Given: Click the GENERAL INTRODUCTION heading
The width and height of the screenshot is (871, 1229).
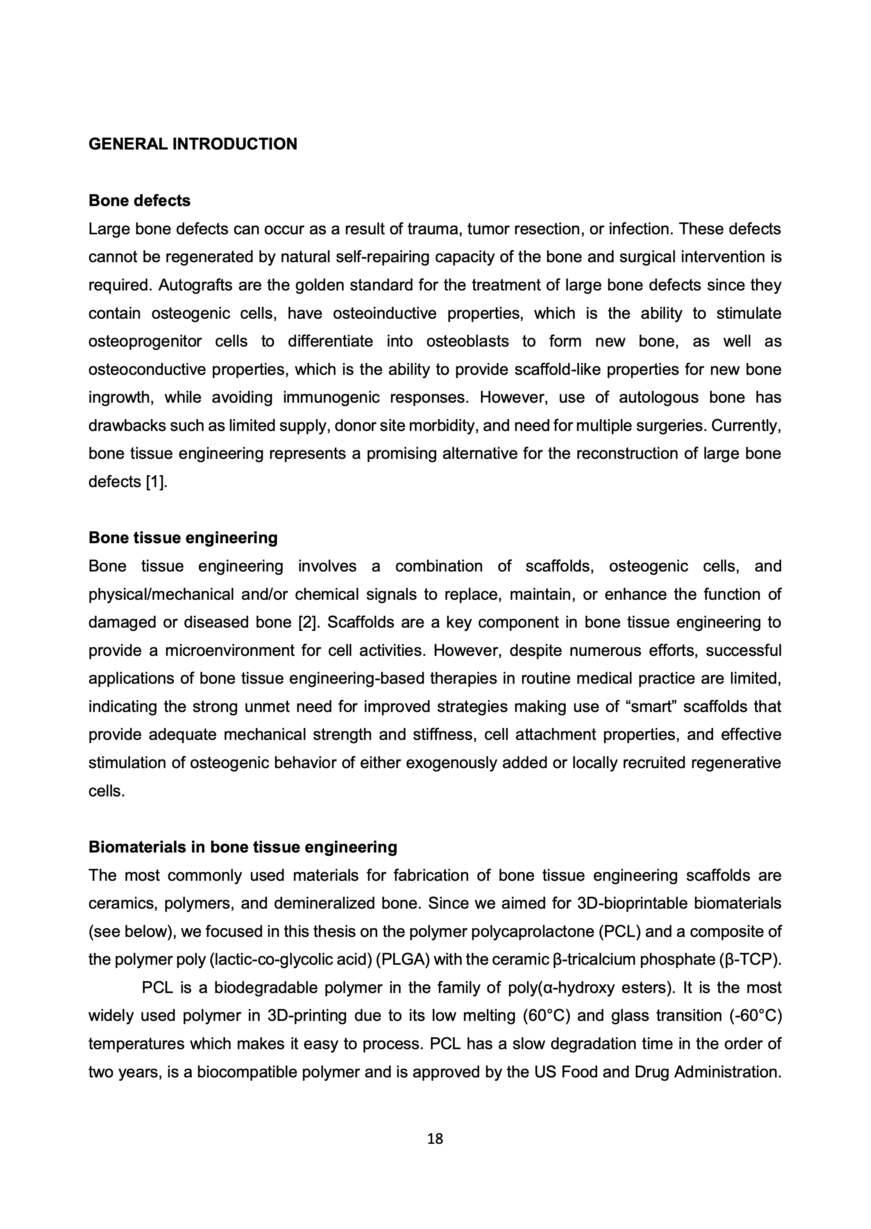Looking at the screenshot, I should click(x=193, y=144).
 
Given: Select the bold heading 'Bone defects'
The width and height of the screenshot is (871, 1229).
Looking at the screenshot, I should click(x=139, y=201).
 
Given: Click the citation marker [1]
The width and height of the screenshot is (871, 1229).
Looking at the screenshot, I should click(x=157, y=481).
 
